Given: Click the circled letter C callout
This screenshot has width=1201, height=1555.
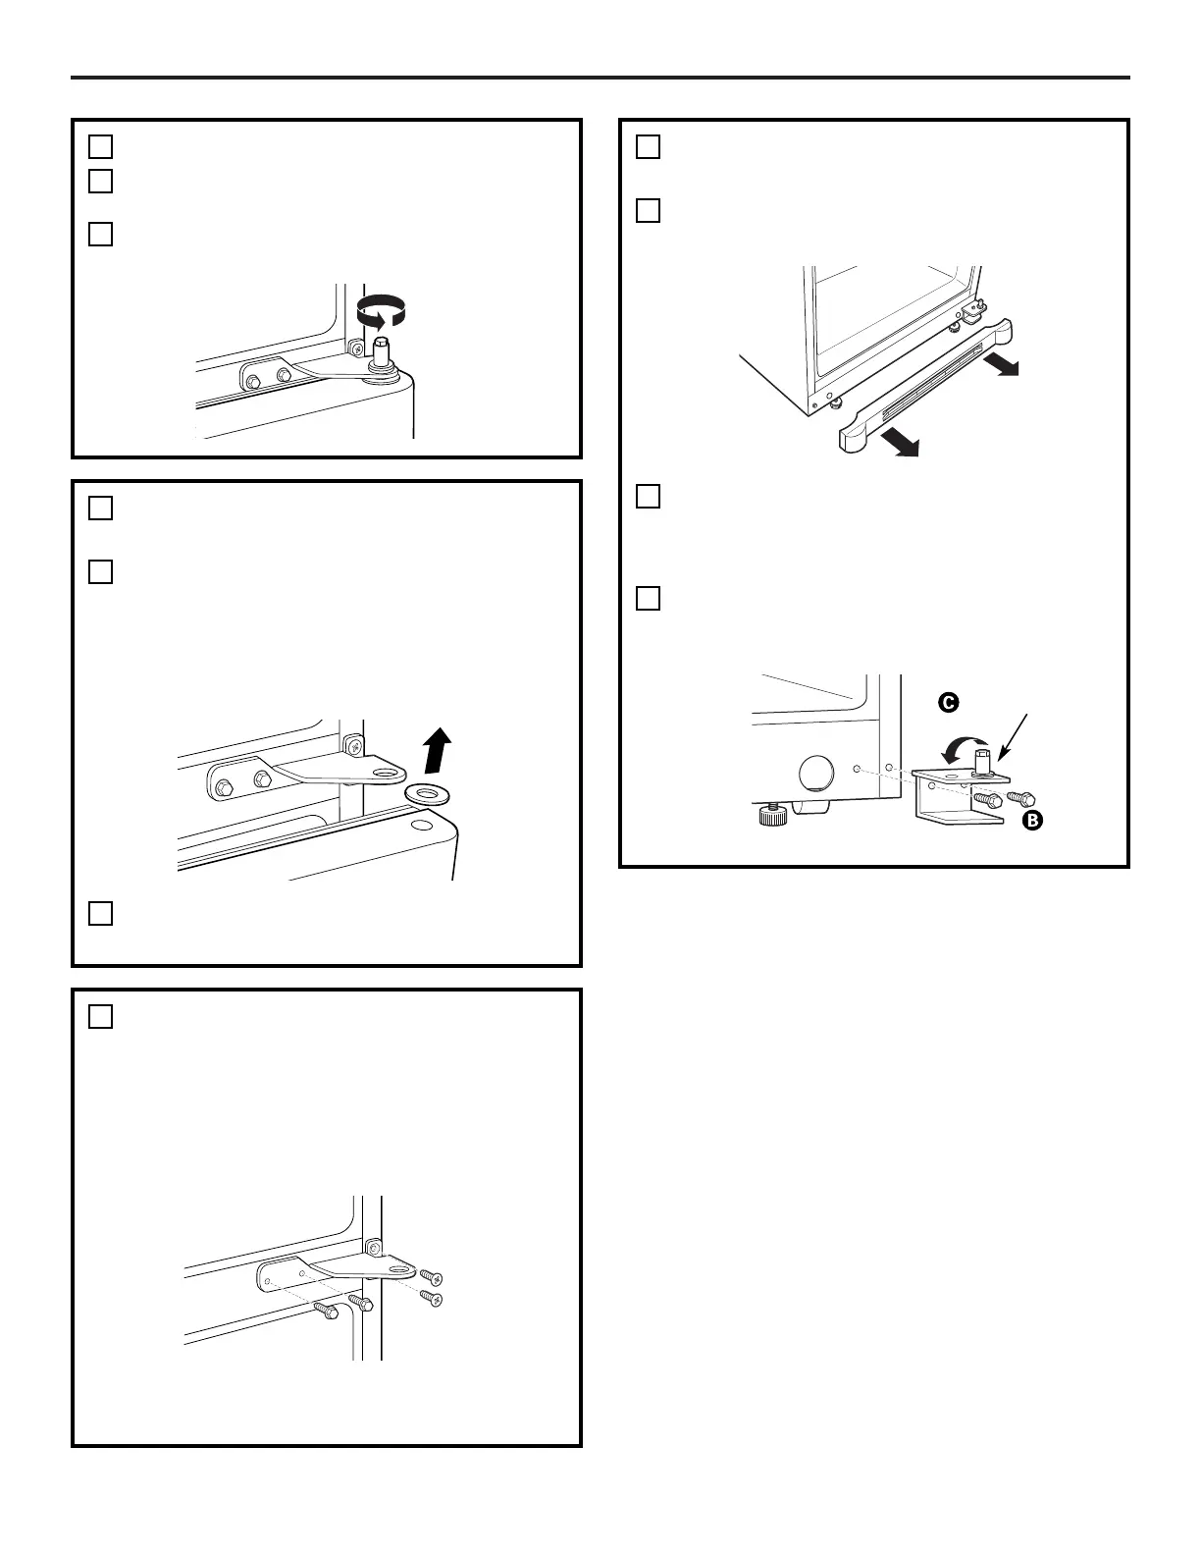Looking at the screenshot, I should point(948,703).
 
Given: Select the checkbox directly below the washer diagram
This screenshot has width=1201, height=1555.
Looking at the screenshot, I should point(100,913).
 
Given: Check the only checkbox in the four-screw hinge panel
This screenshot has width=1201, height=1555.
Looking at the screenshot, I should point(100,1017).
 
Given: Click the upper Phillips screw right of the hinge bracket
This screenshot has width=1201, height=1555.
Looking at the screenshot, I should point(432,1277).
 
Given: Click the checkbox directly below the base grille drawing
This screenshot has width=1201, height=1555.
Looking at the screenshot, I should point(648,497).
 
